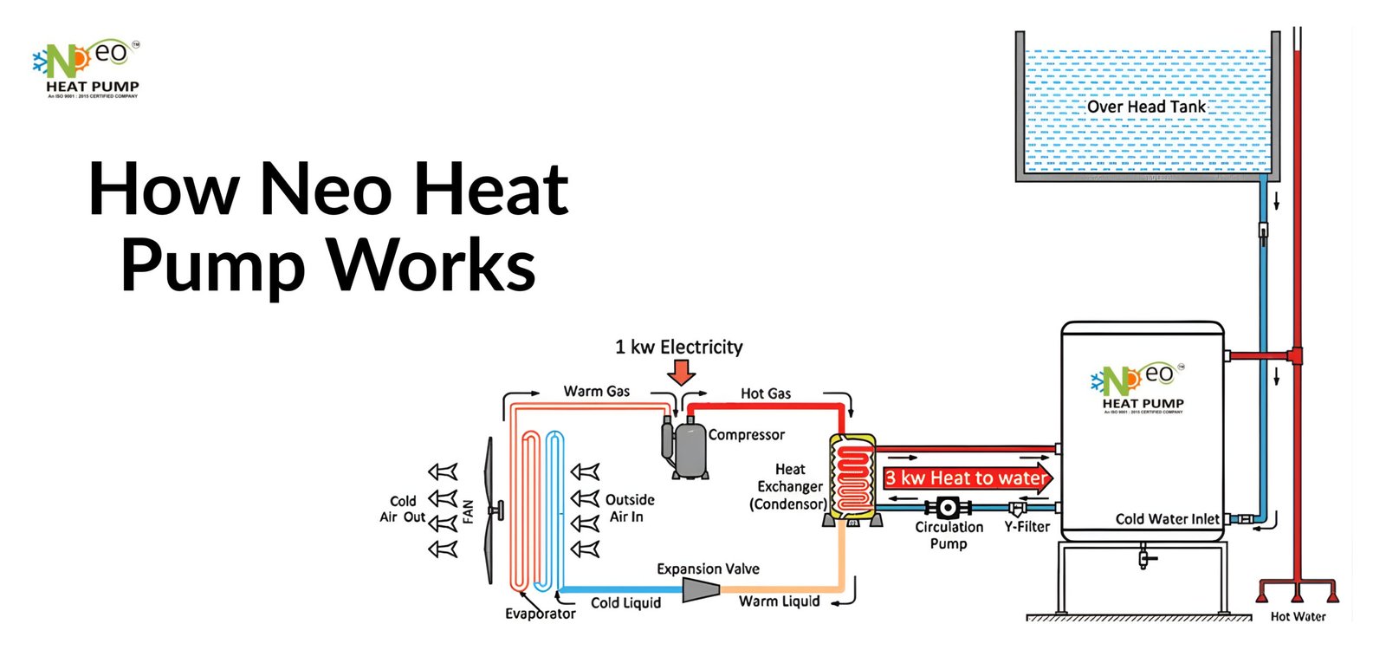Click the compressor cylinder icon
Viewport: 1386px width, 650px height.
click(690, 448)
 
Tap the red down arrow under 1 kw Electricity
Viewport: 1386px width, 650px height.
click(682, 373)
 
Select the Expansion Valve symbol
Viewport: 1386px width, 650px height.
click(701, 590)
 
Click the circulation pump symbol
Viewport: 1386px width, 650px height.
click(948, 508)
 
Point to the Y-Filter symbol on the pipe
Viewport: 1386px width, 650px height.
click(1019, 509)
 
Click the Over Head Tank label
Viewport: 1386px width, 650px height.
click(1145, 107)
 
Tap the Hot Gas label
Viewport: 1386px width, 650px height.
click(765, 393)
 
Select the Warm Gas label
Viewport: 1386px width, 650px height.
click(596, 392)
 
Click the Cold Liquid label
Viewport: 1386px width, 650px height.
click(625, 603)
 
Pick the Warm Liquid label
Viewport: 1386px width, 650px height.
click(779, 601)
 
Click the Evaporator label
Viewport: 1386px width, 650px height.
click(540, 614)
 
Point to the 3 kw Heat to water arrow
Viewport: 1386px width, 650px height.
click(967, 478)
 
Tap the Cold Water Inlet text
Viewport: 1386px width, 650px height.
click(1167, 519)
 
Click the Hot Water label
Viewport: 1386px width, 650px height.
click(1298, 616)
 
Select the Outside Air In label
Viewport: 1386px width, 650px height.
click(629, 508)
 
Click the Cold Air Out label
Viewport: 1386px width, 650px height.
click(402, 509)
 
